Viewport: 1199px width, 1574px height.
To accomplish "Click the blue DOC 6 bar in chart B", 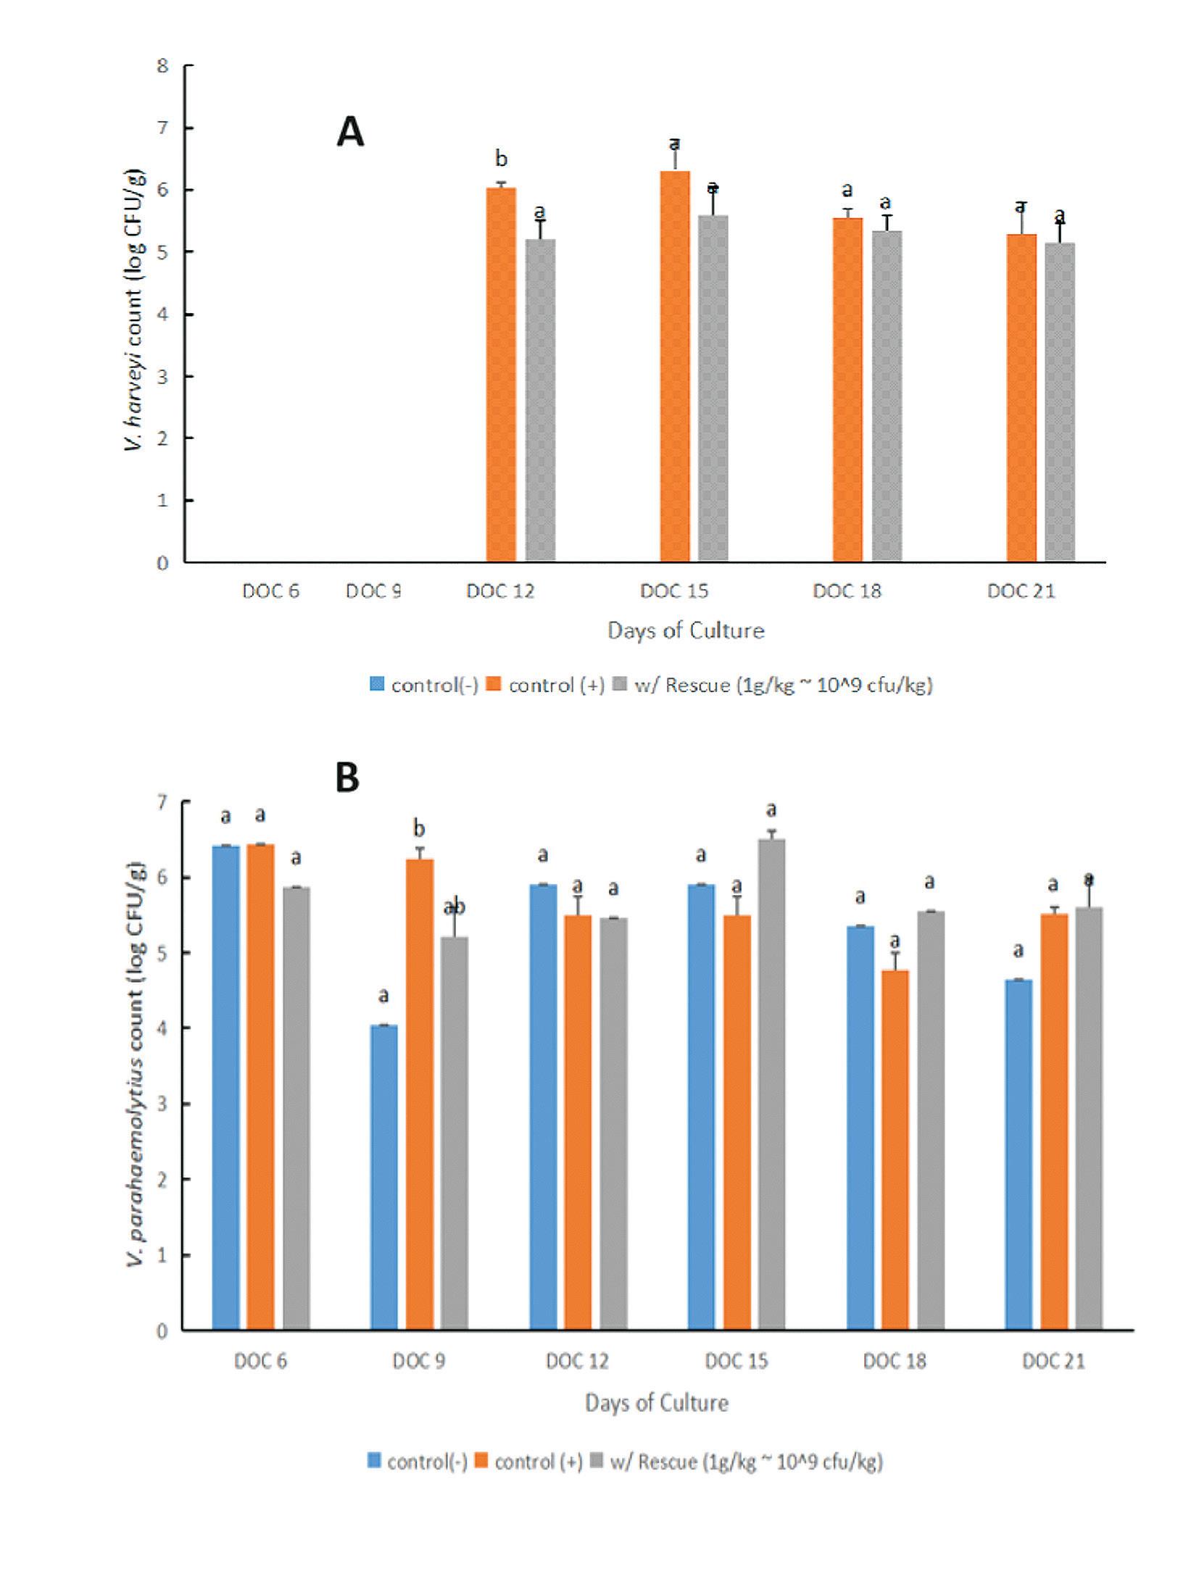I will coord(225,1088).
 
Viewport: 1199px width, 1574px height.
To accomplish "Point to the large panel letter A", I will coord(350,133).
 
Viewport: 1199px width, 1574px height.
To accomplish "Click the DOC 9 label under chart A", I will coord(373,591).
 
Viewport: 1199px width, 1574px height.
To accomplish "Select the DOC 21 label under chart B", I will coord(1053,1361).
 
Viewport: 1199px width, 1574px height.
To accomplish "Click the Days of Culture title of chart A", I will coord(686,630).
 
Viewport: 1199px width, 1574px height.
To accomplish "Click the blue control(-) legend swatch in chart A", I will coord(377,684).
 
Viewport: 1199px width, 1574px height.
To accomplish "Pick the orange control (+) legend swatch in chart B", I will coord(482,1461).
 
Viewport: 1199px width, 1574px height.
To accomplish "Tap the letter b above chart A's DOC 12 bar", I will coord(500,158).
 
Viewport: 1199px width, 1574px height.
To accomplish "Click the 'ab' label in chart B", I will coord(455,907).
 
